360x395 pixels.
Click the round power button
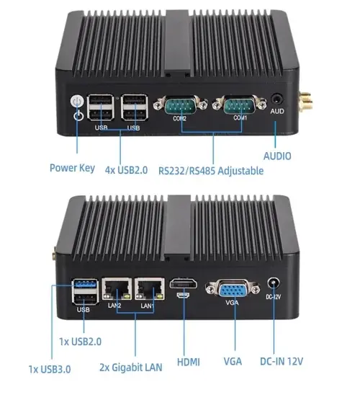tap(76, 101)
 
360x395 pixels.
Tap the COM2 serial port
tap(181, 105)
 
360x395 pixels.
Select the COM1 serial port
tap(239, 105)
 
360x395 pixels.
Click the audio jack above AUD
tap(276, 99)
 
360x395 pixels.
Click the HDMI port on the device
tap(184, 284)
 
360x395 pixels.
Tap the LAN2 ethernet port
tap(117, 289)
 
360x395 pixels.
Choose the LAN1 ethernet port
tap(150, 289)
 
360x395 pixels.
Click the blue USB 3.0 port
tap(85, 285)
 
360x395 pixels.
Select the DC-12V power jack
tap(274, 284)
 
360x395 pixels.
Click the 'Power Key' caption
tap(73, 168)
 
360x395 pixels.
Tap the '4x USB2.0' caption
tap(126, 170)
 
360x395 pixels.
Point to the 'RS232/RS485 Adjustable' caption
tap(211, 171)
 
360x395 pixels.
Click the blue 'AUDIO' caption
tap(277, 156)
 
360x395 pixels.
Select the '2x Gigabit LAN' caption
tap(131, 368)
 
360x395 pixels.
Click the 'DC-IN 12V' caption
tap(282, 362)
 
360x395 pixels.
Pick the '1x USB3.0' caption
tap(50, 369)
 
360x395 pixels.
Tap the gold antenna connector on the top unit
tap(305, 101)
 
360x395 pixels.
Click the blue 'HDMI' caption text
tap(189, 363)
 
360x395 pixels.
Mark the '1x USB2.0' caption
tap(80, 342)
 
